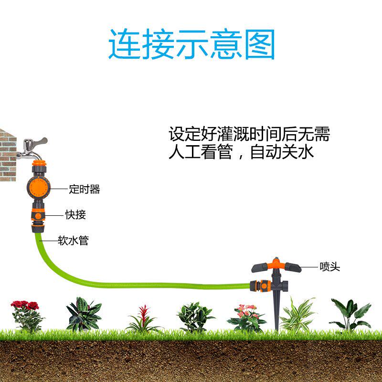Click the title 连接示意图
point(191,44)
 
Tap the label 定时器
point(84,190)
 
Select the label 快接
point(75,215)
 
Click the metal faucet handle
point(38,142)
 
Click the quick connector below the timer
point(38,217)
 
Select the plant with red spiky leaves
point(143,320)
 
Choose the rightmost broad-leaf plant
point(351,314)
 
